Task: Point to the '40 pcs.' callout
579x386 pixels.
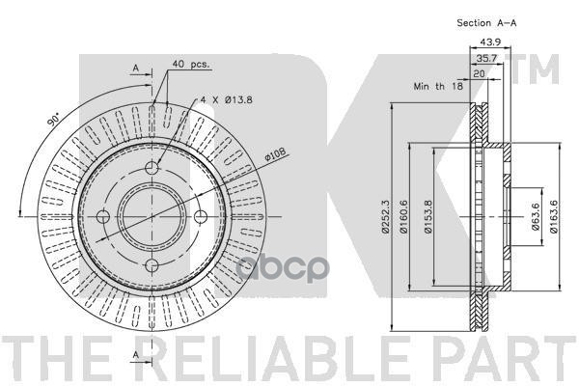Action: [x=191, y=65]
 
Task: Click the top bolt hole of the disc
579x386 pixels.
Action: [x=152, y=169]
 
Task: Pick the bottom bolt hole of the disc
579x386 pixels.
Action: [x=152, y=266]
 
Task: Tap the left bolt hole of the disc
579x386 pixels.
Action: [x=102, y=217]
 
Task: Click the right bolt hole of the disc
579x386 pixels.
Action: [x=200, y=217]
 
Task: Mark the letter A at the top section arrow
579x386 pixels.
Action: [x=136, y=69]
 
